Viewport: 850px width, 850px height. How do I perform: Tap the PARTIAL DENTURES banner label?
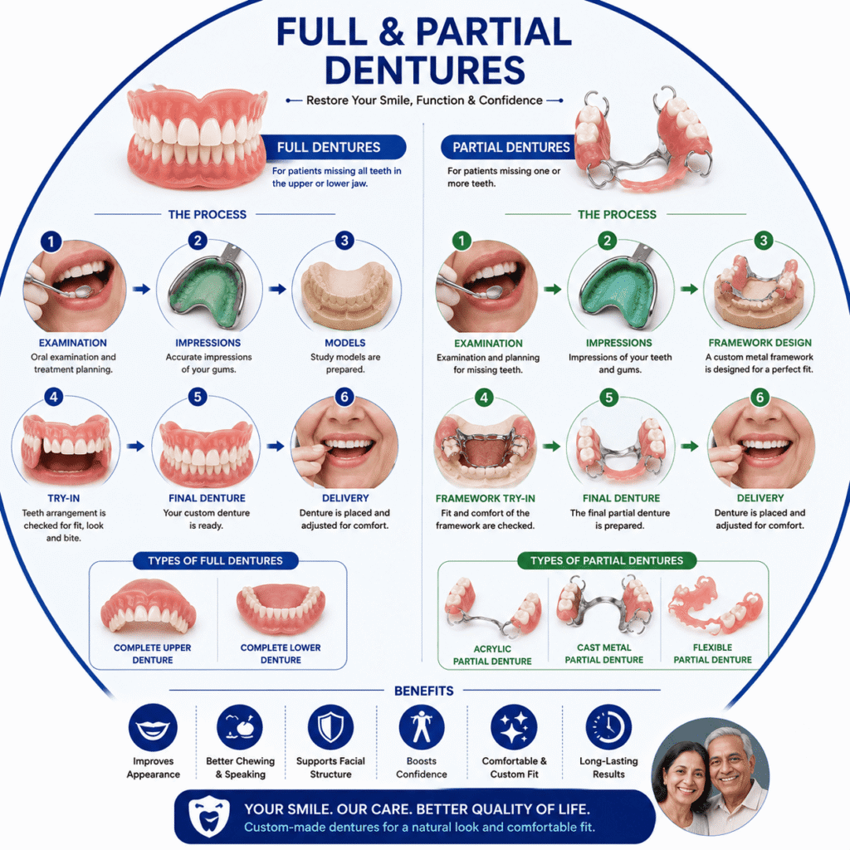click(511, 148)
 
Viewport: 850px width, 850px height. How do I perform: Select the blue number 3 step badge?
click(344, 240)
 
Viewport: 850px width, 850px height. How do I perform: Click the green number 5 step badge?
click(609, 398)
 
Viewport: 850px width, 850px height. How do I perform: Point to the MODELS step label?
click(344, 343)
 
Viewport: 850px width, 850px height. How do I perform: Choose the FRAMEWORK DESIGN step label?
click(760, 343)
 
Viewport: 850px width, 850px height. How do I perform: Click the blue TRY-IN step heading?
click(63, 498)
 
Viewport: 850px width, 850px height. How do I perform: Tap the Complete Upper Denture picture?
click(149, 606)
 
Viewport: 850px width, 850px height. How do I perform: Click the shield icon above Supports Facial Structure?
click(330, 727)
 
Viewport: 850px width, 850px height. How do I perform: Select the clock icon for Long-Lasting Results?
click(608, 727)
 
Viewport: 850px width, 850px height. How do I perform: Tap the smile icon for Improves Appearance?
click(153, 727)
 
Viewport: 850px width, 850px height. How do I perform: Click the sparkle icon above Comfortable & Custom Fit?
click(514, 727)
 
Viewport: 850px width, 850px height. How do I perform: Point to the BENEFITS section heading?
click(424, 691)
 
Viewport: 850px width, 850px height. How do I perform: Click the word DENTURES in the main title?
click(425, 70)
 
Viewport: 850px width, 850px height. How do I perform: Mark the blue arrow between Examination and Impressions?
click(142, 289)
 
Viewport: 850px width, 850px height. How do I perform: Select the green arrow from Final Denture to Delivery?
click(690, 446)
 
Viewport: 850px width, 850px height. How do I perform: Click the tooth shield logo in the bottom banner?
click(208, 816)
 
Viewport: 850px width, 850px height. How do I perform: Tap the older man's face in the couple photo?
click(730, 762)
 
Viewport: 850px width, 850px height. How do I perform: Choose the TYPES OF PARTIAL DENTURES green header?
click(607, 560)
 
